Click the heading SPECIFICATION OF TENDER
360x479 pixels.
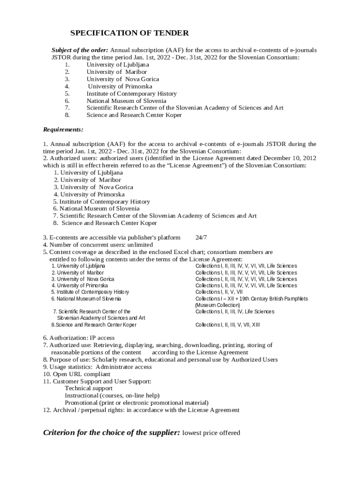click(130, 33)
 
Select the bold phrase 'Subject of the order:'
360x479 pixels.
click(79, 50)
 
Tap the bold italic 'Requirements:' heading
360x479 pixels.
click(63, 129)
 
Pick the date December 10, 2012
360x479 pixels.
click(286, 158)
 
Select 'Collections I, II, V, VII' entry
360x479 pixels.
click(219, 292)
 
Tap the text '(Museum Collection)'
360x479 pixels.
click(217, 305)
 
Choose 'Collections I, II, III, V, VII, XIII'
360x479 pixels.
click(228, 325)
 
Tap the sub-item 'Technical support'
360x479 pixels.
click(89, 388)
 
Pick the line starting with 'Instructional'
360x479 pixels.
click(112, 395)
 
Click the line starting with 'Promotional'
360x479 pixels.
click(137, 403)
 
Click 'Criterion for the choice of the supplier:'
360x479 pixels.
click(111, 433)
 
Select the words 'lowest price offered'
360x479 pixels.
click(211, 433)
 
